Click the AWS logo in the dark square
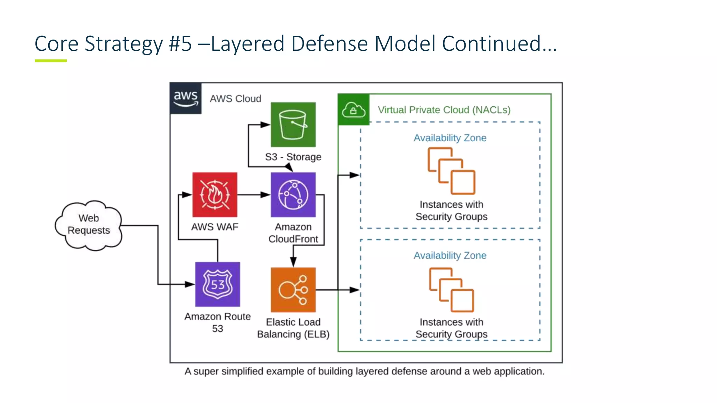186,98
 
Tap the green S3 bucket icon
293,125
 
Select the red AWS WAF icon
215,195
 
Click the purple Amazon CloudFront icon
293,195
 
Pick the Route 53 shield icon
217,284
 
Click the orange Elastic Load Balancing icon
293,290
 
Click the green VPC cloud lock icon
353,110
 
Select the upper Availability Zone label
450,138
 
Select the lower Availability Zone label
450,255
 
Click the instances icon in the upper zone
451,171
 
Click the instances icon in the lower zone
451,290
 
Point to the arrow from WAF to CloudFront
254,195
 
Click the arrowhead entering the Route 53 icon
190,284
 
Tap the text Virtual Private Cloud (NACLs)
444,110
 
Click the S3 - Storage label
293,157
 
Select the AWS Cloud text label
235,99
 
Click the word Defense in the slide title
329,44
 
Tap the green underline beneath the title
51,61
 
